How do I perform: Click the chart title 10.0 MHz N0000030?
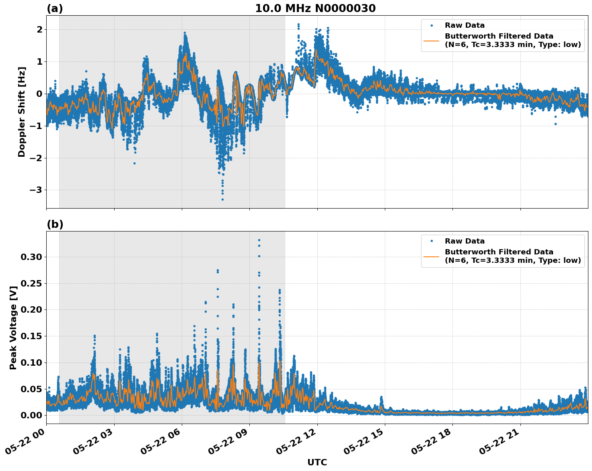[315, 8]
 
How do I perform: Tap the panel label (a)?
[55, 8]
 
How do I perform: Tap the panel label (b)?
[55, 224]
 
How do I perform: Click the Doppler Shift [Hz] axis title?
[22, 112]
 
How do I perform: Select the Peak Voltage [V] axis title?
[13, 328]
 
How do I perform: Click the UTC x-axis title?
[317, 462]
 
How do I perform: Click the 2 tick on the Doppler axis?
[39, 30]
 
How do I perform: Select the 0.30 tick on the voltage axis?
[33, 257]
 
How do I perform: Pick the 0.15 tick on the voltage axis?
[33, 336]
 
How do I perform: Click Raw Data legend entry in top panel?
[465, 26]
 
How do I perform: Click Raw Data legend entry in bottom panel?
[465, 241]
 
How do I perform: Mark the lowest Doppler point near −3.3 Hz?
[222, 199]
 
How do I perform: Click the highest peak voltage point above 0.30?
[259, 240]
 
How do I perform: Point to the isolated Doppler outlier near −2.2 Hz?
[134, 163]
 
